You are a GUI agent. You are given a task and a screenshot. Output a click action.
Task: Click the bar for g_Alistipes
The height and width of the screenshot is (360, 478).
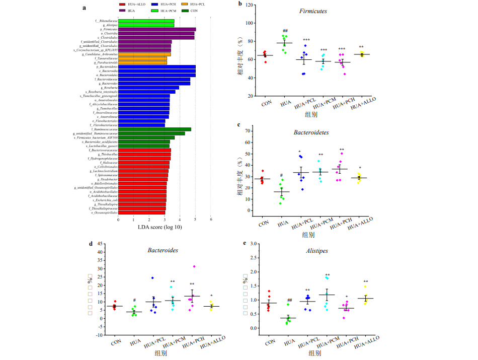point(146,25)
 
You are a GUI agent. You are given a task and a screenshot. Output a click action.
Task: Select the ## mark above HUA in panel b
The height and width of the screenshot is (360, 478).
point(285,31)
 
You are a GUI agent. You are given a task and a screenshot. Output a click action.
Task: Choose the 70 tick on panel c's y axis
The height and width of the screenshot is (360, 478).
point(249,131)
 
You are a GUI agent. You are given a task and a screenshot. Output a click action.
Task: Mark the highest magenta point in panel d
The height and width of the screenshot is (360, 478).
point(193,266)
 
